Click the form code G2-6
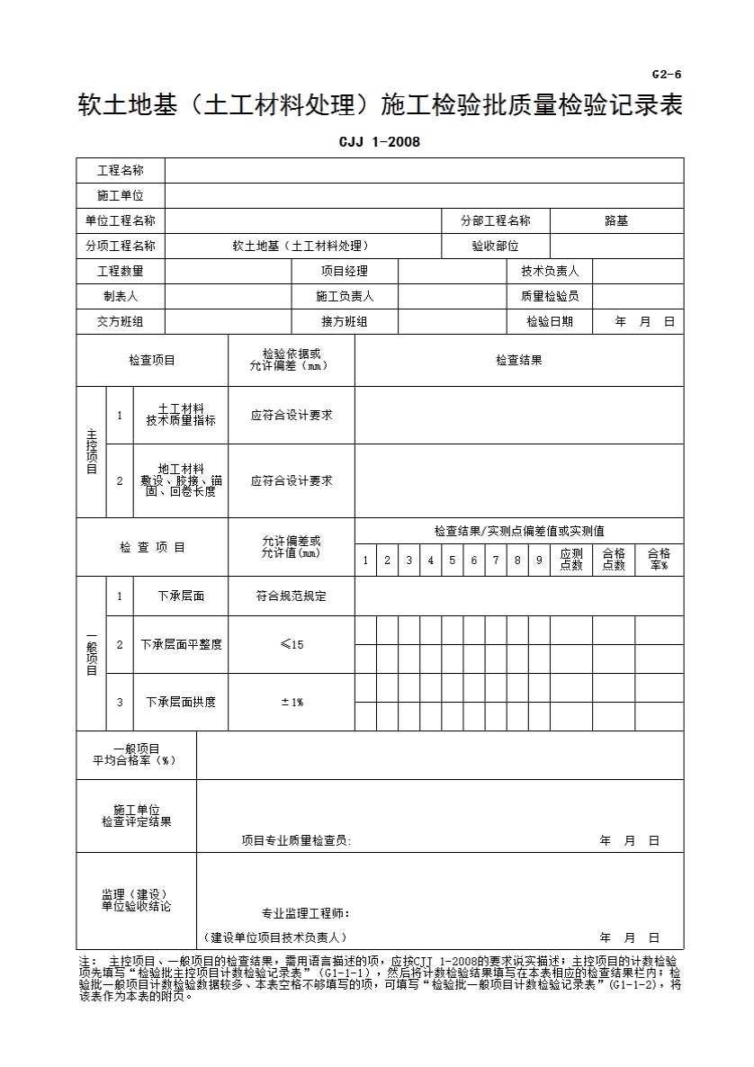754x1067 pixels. point(667,74)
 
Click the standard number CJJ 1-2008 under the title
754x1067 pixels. point(379,141)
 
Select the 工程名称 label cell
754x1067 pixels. point(120,170)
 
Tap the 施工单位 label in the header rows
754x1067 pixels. point(120,195)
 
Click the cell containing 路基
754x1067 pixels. point(616,220)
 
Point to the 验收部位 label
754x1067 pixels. point(495,246)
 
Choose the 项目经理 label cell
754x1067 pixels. point(345,271)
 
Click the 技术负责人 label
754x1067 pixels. point(550,271)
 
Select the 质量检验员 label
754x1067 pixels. point(550,296)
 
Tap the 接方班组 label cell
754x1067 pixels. point(345,321)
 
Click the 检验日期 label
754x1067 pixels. point(550,321)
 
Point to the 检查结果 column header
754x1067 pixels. point(519,360)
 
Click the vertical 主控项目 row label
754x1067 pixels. point(91,453)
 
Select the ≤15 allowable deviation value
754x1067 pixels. point(292,644)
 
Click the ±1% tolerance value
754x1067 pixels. point(292,702)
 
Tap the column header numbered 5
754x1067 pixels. point(453,560)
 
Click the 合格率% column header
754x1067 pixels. point(659,560)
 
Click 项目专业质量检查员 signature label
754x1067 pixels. point(296,840)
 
